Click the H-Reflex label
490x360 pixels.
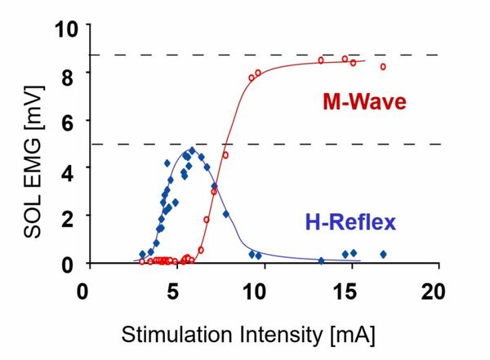click(x=351, y=220)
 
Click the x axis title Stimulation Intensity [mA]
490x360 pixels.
click(x=248, y=335)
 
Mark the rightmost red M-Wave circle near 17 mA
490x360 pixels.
click(x=383, y=67)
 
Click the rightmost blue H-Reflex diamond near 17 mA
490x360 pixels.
click(x=383, y=254)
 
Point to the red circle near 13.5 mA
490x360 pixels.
click(x=321, y=60)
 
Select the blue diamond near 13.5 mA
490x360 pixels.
click(x=321, y=261)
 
